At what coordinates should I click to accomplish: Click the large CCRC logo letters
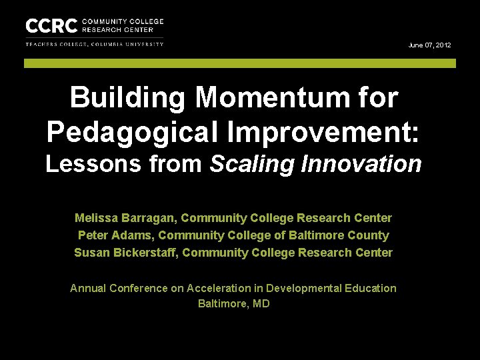point(51,26)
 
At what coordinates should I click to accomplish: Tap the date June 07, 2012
point(429,45)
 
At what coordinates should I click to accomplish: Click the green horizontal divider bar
point(240,63)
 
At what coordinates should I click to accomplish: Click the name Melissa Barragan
point(125,218)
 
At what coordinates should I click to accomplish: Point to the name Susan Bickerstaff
point(125,253)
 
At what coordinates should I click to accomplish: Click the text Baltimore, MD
point(233,304)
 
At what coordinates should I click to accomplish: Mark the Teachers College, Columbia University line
point(94,45)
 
